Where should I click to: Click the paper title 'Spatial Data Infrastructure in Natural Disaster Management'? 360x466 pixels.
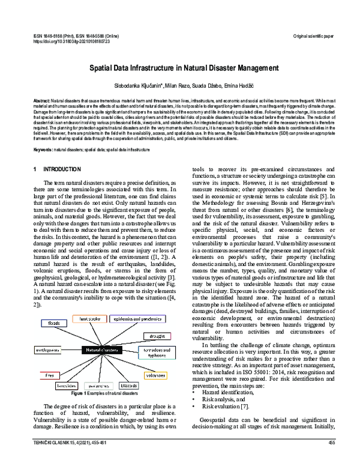tap(179, 70)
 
